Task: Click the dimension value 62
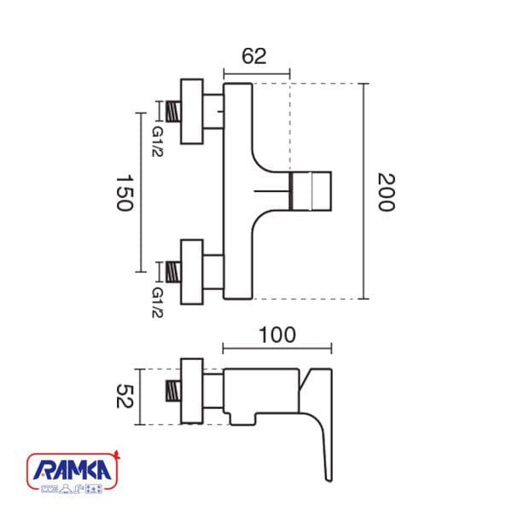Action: (254, 55)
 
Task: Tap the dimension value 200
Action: (387, 192)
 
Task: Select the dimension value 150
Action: (125, 193)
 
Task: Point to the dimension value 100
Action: (277, 335)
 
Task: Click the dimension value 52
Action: (125, 396)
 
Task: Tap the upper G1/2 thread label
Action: (157, 142)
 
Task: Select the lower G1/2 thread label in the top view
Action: (157, 302)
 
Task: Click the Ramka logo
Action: (73, 472)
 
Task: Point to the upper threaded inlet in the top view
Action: (173, 111)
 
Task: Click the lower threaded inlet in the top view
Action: (173, 272)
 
